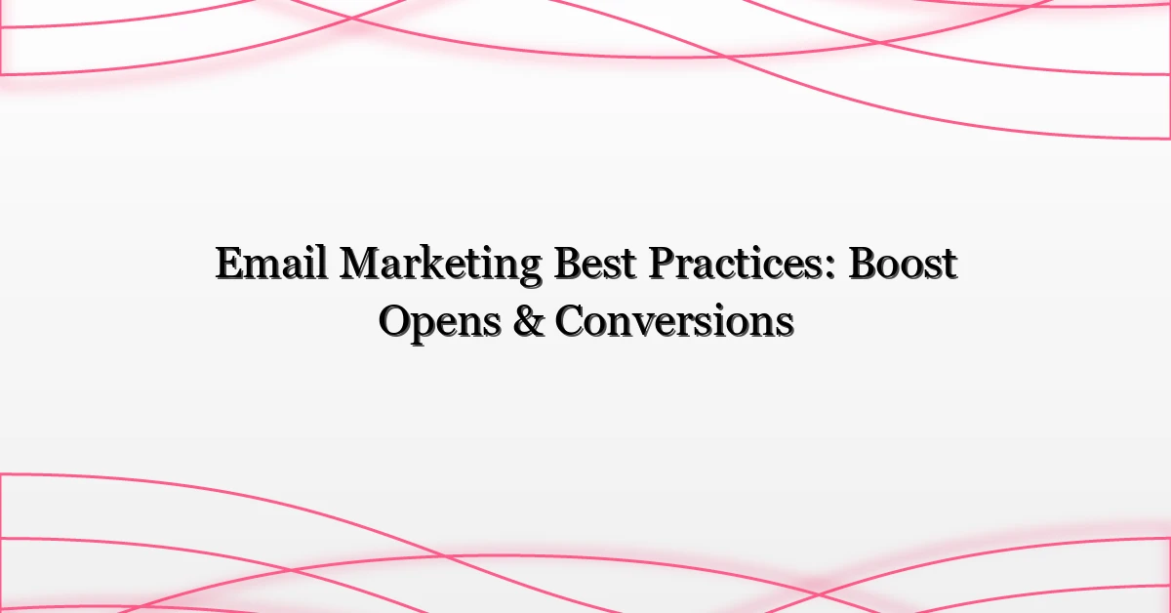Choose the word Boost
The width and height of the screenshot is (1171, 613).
point(903,266)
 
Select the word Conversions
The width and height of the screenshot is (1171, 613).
point(674,322)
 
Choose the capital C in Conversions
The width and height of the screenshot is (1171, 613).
point(571,322)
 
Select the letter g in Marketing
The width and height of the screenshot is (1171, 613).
point(529,272)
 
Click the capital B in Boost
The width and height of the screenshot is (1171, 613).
point(861,266)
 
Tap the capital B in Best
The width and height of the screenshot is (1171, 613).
point(558,266)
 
